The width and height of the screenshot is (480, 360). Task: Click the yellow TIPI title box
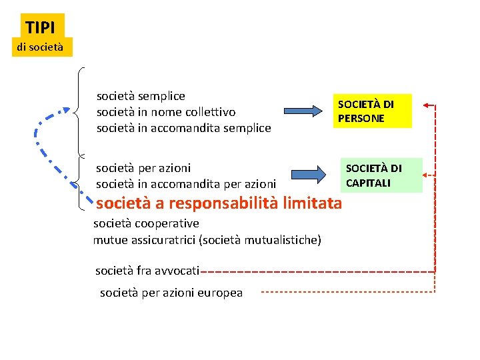pyautogui.click(x=42, y=27)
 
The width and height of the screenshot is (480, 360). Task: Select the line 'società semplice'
pyautogui.click(x=141, y=96)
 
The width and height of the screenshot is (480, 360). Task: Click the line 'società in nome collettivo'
pyautogui.click(x=166, y=112)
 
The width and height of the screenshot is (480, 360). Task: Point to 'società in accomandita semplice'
pyautogui.click(x=183, y=128)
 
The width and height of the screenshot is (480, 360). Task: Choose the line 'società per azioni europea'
pyautogui.click(x=171, y=293)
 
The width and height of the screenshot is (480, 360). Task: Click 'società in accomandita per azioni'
pyautogui.click(x=186, y=183)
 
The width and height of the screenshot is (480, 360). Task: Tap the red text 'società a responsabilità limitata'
pyautogui.click(x=219, y=203)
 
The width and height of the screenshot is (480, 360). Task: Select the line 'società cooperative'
pyautogui.click(x=146, y=223)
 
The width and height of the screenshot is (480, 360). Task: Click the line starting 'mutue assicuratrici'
pyautogui.click(x=207, y=239)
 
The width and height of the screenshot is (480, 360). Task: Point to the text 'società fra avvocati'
pyautogui.click(x=147, y=271)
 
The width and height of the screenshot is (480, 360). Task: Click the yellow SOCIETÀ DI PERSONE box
pyautogui.click(x=374, y=111)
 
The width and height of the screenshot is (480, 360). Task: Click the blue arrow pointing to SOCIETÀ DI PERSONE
pyautogui.click(x=305, y=111)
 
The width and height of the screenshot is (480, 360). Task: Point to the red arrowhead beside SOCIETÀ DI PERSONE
pyautogui.click(x=428, y=105)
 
